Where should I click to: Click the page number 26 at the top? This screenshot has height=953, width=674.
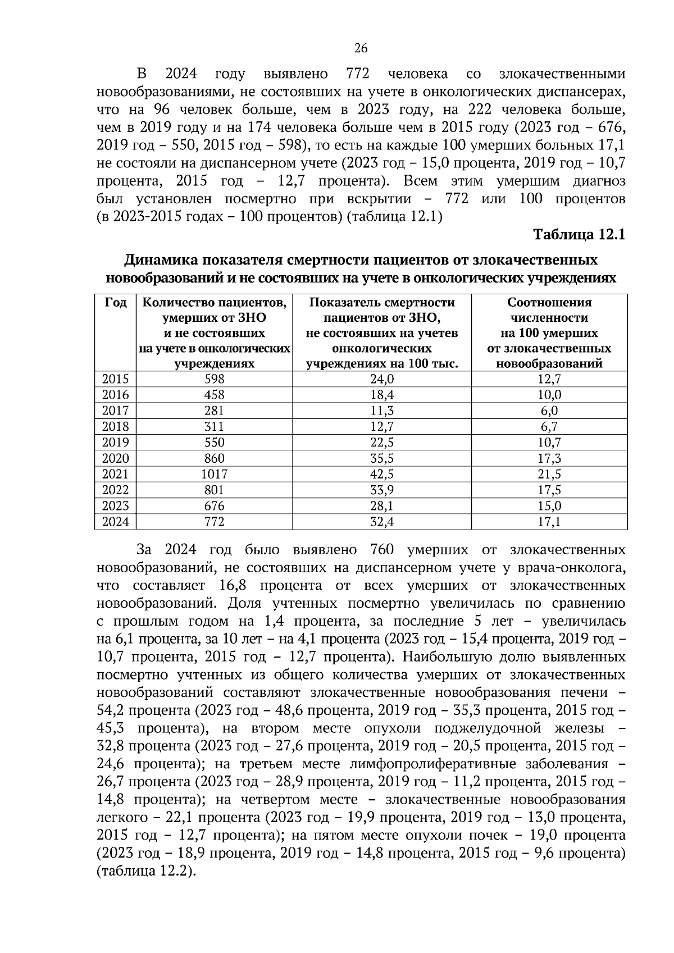point(361,48)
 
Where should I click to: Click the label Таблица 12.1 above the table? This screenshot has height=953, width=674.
point(579,234)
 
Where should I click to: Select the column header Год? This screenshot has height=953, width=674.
point(115,303)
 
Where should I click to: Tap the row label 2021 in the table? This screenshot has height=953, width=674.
point(115,474)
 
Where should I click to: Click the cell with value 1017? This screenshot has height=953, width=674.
point(214,474)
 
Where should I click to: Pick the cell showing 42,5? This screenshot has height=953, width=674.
point(382,474)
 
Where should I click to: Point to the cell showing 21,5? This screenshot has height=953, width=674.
point(549,474)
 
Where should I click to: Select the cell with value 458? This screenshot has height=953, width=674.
point(214,395)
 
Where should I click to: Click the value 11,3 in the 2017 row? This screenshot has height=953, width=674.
point(382,411)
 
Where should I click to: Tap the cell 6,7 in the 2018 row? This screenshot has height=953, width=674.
point(549,426)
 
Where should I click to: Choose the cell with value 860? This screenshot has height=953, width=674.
point(214,458)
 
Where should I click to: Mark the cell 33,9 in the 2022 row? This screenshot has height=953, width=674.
point(382,490)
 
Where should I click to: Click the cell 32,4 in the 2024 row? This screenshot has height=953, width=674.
point(382,522)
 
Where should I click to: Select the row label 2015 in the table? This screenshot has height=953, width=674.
point(115,379)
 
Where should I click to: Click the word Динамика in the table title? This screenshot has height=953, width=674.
point(160,261)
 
